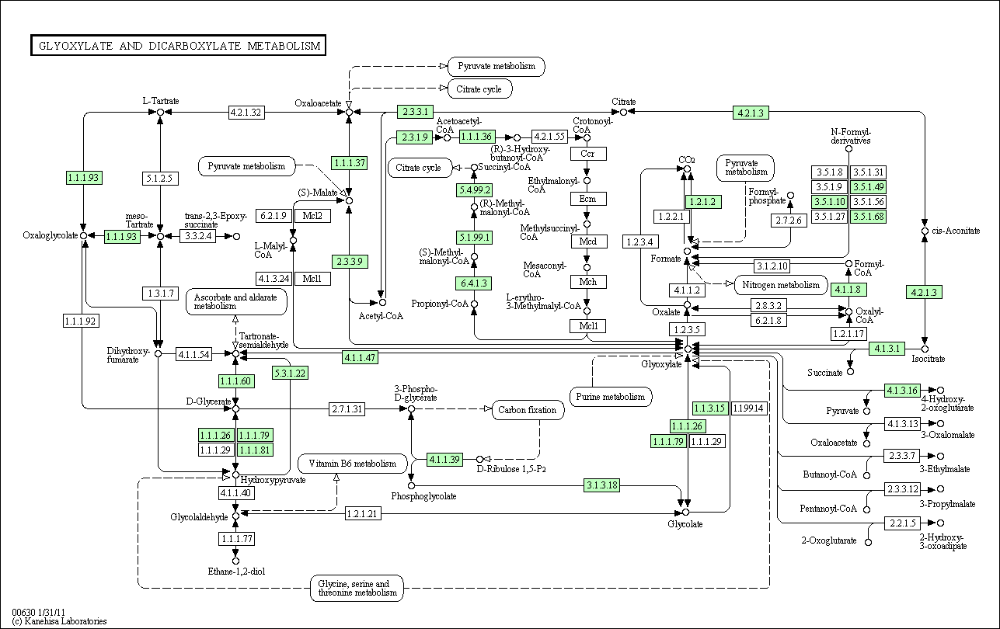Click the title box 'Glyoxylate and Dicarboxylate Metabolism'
tap(178, 46)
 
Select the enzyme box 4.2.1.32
tap(246, 113)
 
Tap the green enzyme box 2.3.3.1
tap(415, 112)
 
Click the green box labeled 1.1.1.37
tap(350, 163)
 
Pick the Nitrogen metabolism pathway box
tap(781, 285)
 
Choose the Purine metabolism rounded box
tap(610, 397)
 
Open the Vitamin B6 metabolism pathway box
tap(352, 464)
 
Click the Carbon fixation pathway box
tap(528, 410)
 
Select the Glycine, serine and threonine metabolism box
tap(357, 588)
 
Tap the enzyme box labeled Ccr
tap(588, 154)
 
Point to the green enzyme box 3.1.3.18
tap(601, 485)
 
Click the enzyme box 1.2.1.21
tap(363, 513)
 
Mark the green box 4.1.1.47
tap(361, 357)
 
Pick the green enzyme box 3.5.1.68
tap(869, 217)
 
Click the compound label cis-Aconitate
tap(956, 231)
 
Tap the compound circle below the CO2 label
tap(687, 169)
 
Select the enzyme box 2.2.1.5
tap(903, 523)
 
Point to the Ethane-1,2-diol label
tap(236, 572)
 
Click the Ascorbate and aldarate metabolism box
tap(236, 302)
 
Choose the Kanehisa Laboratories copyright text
tap(59, 621)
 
